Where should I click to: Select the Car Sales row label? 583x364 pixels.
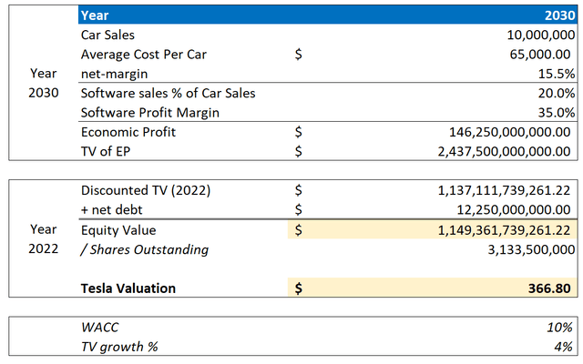(107, 35)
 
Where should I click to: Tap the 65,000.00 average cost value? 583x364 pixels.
(544, 55)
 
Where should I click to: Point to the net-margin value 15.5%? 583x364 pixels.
(557, 74)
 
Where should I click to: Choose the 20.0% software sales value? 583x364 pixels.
(557, 93)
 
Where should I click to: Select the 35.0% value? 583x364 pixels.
(557, 112)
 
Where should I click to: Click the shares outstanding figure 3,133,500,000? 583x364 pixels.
(527, 249)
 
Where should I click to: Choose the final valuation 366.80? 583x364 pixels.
(554, 288)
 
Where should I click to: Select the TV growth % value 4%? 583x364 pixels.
(565, 347)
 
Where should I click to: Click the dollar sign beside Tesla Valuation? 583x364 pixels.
(301, 288)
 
